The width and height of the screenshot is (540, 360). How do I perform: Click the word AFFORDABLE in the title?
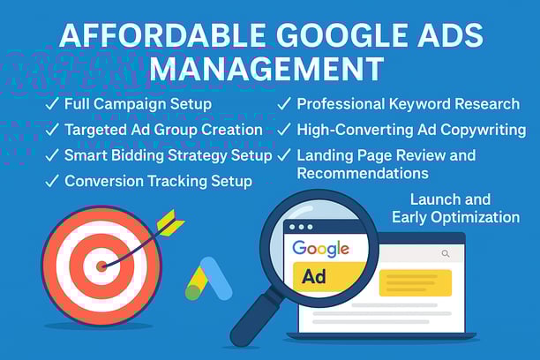pos(162,35)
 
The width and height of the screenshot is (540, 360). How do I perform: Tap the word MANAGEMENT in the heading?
pos(267,69)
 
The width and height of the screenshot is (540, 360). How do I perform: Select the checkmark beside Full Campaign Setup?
pos(52,103)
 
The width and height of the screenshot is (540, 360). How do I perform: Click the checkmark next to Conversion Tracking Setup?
pos(52,181)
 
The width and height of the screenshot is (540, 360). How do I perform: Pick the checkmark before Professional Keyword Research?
pos(284,103)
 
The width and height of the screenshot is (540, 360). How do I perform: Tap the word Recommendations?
pos(363,173)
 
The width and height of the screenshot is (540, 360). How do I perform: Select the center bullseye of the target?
pos(101,266)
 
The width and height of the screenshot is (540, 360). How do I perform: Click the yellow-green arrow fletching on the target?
pos(170,222)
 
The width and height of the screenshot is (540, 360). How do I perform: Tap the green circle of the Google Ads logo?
pos(193,292)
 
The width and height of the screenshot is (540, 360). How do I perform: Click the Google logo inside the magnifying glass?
pos(320,248)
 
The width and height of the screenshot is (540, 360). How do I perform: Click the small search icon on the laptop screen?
pos(446,254)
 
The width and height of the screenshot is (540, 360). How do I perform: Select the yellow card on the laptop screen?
pos(416,283)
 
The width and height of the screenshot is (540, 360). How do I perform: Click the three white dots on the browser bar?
pos(301,227)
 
